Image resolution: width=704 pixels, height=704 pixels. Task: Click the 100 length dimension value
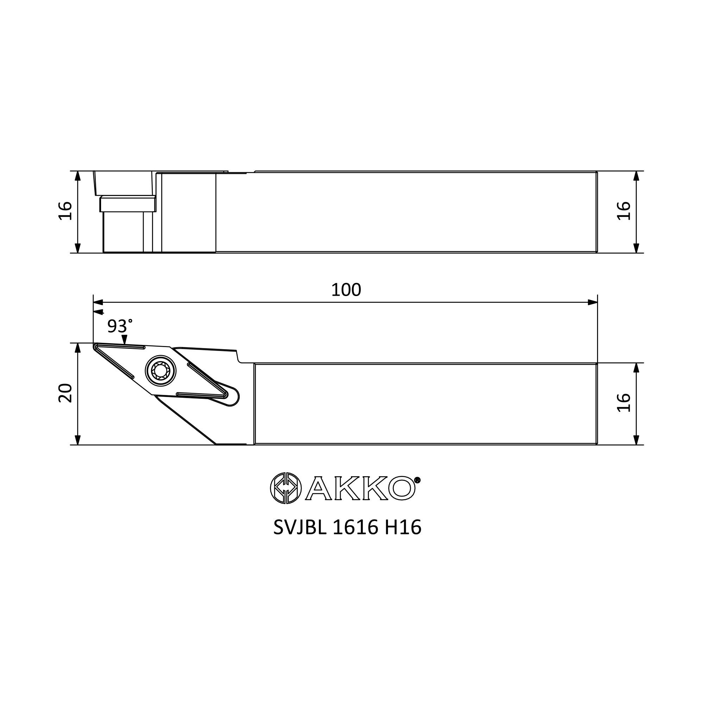(346, 290)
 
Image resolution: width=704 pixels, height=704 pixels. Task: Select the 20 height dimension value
(65, 393)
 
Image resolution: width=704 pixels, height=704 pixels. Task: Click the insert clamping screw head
(160, 371)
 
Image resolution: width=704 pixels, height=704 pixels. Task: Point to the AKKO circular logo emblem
(286, 488)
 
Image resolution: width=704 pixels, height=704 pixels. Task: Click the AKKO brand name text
(360, 488)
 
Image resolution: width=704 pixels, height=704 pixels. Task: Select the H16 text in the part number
(403, 527)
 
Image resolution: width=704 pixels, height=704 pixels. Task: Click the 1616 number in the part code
(355, 527)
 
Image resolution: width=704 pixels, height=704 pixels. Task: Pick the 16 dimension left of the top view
(65, 210)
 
